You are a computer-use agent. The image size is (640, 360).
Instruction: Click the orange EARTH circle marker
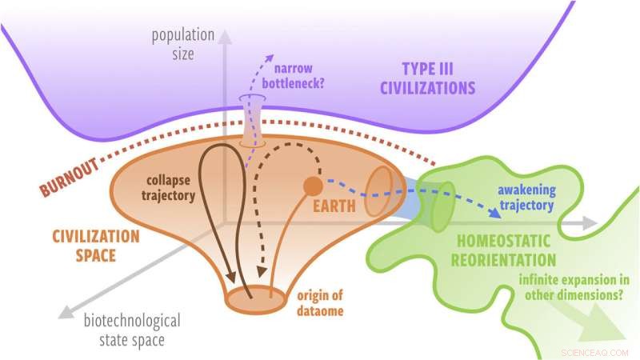pos(312,186)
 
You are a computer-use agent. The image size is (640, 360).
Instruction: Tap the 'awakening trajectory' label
pos(525,198)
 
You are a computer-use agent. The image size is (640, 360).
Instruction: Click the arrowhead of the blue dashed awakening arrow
pos(488,214)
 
